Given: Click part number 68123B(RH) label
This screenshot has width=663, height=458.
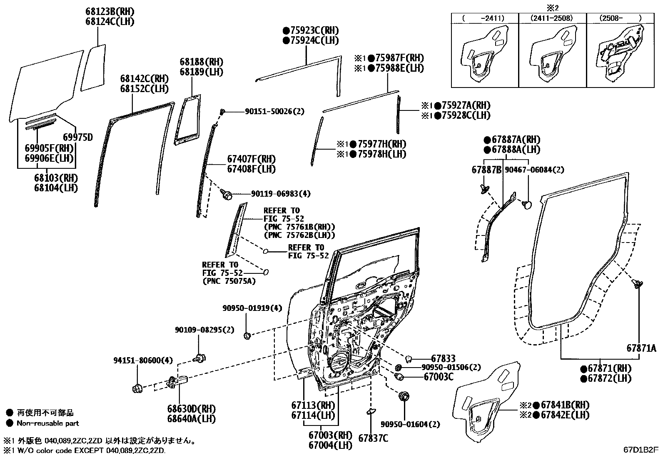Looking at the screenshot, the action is coord(110,12).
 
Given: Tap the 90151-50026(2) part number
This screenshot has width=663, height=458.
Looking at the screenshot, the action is coord(274,111).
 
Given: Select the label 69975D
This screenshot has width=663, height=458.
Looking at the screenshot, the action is coord(78,137).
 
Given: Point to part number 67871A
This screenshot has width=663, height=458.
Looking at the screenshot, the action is coord(641,348).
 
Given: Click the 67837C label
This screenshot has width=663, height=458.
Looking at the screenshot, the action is coord(373,438).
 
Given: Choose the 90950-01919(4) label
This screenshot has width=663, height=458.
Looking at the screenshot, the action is coord(252,308).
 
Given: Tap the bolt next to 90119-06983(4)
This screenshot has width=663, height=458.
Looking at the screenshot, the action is coord(227,194).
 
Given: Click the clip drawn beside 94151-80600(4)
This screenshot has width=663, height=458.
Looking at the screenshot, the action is coord(137,388).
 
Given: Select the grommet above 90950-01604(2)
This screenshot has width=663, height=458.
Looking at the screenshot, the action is coord(404,396).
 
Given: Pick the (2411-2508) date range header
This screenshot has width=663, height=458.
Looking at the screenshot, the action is coord(552,18).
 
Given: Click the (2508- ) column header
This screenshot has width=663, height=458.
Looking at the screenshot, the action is coord(621,18).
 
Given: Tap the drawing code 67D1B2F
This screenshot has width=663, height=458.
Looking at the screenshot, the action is coord(641,450).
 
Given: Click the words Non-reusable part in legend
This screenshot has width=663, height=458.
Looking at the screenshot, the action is coord(47,423).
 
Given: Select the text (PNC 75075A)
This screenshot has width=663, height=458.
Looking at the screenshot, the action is coord(229,281).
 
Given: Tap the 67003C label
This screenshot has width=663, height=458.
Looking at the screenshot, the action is coord(439,377).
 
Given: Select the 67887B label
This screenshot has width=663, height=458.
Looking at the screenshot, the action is coord(486,170).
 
